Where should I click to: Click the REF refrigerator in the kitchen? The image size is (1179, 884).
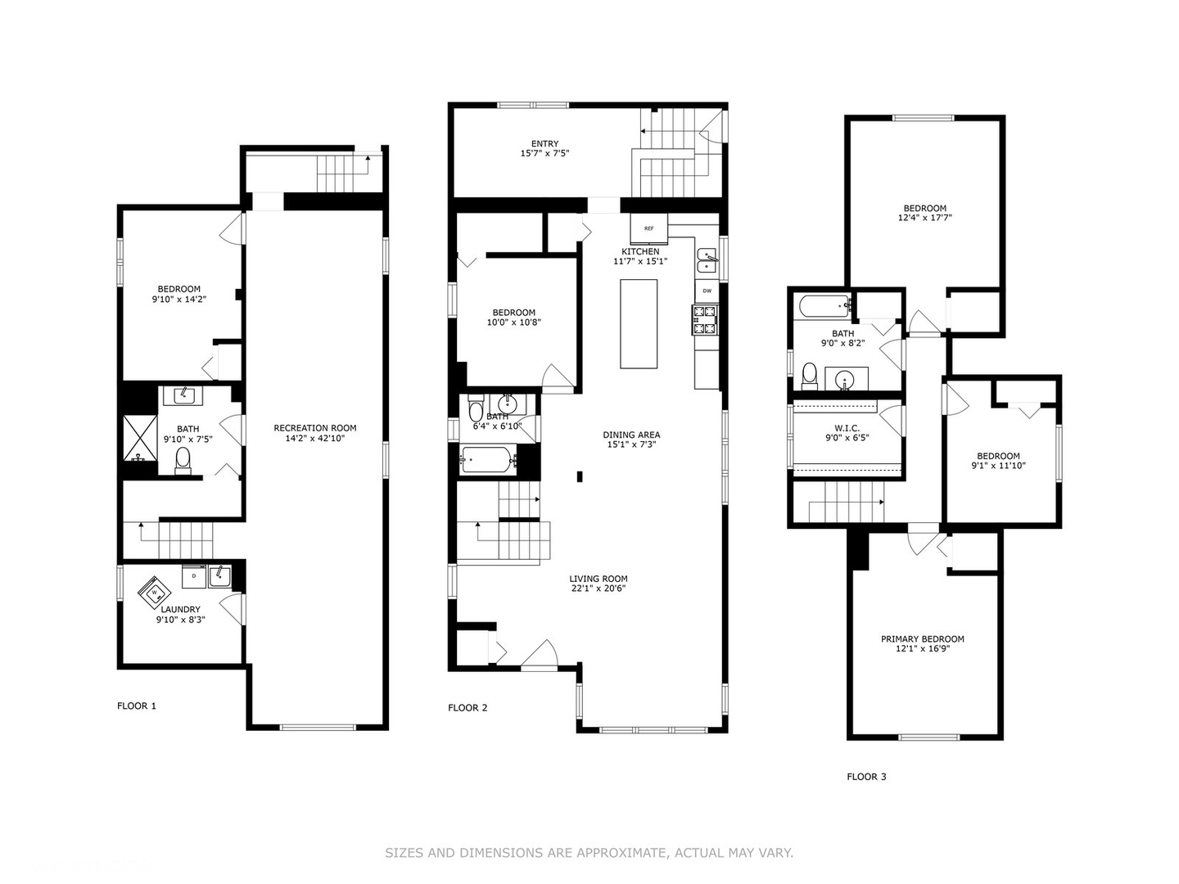pos(648,228)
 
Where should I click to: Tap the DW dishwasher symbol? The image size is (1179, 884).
pos(707,291)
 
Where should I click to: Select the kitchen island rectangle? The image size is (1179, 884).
pos(639,323)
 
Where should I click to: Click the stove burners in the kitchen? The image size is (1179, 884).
pos(705,320)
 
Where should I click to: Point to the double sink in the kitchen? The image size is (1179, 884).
pos(707,261)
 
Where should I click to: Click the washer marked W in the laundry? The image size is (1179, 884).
pos(155,593)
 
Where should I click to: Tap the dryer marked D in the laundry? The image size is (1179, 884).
pos(194,575)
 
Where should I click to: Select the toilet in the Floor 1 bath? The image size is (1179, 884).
pos(183,461)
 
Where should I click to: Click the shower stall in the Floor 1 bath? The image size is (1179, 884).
pos(141,438)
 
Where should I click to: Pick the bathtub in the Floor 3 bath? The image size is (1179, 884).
pos(824,307)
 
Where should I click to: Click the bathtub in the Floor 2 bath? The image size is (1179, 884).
pos(489,460)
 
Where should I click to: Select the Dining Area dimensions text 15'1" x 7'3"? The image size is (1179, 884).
pos(631,444)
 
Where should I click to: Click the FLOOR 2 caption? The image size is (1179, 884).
pos(468,708)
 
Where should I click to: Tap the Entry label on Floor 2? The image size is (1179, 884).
pos(544,143)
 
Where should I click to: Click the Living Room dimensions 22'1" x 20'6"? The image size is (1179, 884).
pos(599,589)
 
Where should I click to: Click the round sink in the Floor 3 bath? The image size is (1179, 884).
pos(846,380)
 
